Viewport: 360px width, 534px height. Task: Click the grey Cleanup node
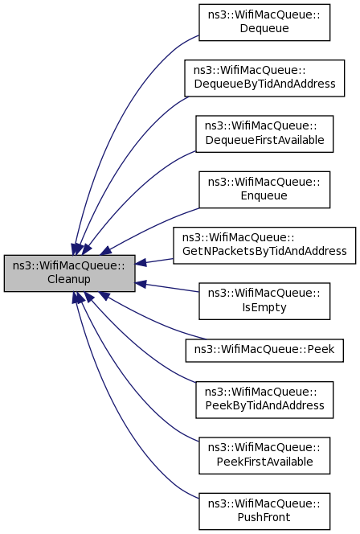tap(69, 273)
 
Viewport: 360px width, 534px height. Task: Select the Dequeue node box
tap(264, 23)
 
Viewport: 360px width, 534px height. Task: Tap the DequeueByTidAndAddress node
tap(264, 78)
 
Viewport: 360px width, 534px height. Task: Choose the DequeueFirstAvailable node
tap(264, 133)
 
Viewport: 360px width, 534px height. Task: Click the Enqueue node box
tap(264, 190)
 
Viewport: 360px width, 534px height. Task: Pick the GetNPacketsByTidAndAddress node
tap(264, 245)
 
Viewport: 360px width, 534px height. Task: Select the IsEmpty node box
tap(264, 301)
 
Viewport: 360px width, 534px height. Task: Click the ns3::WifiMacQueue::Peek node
tap(264, 350)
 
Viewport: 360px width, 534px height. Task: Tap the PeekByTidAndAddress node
tap(264, 400)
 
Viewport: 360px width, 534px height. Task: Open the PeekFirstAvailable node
tap(264, 455)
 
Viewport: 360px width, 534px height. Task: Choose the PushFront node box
tap(264, 511)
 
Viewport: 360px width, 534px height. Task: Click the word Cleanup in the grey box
tap(69, 280)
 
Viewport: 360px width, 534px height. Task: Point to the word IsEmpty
tap(264, 307)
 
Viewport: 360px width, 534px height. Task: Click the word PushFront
tap(264, 517)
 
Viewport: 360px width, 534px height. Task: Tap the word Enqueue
tap(264, 195)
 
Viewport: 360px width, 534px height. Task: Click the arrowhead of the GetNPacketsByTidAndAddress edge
tap(141, 262)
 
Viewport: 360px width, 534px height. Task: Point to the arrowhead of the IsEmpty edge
tap(141, 284)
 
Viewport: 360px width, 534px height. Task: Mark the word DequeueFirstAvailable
tap(264, 140)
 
